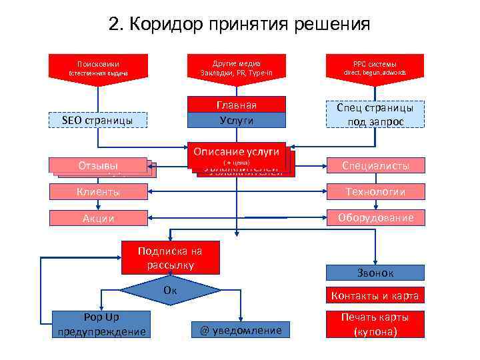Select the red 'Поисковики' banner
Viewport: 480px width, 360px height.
98,67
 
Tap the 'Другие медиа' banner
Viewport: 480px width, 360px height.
236,67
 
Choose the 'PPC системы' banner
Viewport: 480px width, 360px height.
374,67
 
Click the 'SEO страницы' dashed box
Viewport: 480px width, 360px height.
98,120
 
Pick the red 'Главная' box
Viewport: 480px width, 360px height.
236,105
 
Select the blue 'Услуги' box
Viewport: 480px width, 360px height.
236,120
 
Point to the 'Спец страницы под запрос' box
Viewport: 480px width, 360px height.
374,114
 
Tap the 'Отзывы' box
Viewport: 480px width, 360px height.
98,165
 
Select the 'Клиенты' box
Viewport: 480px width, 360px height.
98,192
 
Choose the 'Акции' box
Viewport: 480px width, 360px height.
98,218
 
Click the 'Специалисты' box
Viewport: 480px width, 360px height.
374,165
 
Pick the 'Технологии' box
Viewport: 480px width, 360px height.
374,192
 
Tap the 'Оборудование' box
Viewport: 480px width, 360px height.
374,218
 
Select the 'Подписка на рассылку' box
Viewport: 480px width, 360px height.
169,258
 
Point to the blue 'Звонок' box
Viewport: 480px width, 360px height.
374,273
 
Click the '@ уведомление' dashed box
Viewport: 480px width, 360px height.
241,330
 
